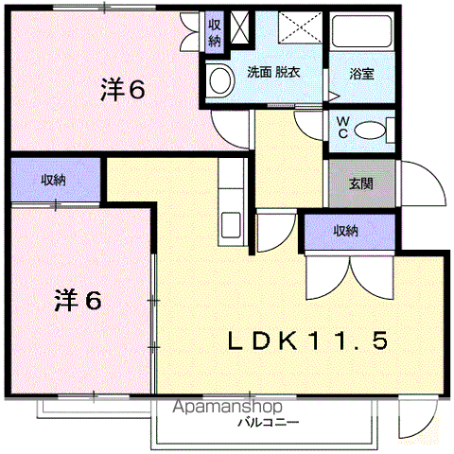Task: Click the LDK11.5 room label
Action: point(305,340)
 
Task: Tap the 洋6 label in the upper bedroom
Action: point(122,90)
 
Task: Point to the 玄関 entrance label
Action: point(346,183)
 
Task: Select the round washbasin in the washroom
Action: point(220,80)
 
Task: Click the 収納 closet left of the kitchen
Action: point(53,180)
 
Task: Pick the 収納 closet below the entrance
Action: point(345,230)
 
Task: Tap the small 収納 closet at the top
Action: point(215,31)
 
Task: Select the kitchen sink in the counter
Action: point(230,226)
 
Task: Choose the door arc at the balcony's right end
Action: point(415,417)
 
